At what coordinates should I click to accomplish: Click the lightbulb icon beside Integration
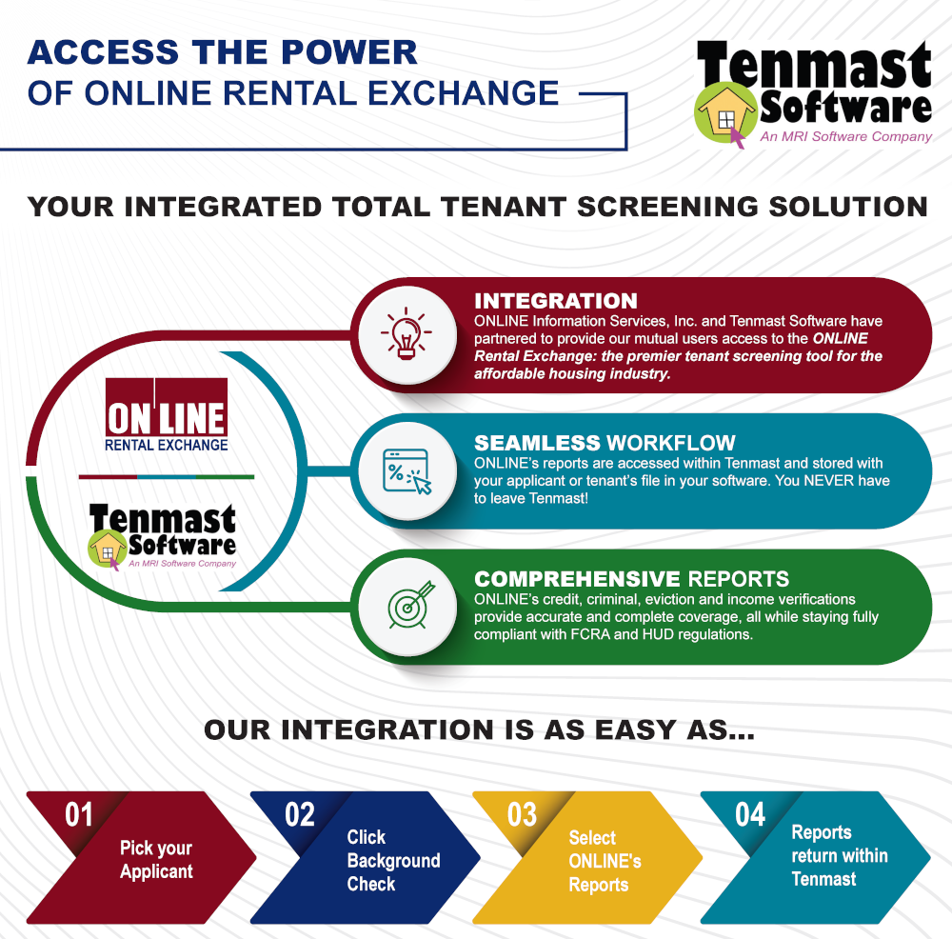click(x=407, y=333)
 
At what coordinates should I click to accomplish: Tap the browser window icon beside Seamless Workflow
click(x=407, y=470)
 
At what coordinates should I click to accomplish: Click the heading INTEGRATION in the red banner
click(x=556, y=301)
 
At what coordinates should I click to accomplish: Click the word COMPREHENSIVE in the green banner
click(x=577, y=579)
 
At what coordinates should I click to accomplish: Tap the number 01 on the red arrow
click(x=79, y=814)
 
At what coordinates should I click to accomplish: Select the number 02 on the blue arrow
click(x=300, y=814)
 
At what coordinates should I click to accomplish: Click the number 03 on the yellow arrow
click(x=522, y=814)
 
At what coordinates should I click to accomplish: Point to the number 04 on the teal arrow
click(x=750, y=814)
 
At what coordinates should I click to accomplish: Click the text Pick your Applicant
click(x=156, y=859)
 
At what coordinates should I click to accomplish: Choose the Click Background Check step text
click(x=393, y=860)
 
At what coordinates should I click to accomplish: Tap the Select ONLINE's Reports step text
click(x=605, y=861)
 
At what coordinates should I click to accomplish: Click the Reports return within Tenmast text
click(x=840, y=855)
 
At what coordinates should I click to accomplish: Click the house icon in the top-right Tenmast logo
click(x=725, y=113)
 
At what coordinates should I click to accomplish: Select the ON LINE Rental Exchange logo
click(x=167, y=415)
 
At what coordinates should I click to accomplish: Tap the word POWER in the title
click(x=349, y=52)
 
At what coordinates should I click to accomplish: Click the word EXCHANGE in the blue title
click(x=464, y=93)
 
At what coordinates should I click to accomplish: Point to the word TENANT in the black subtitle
click(x=504, y=207)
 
